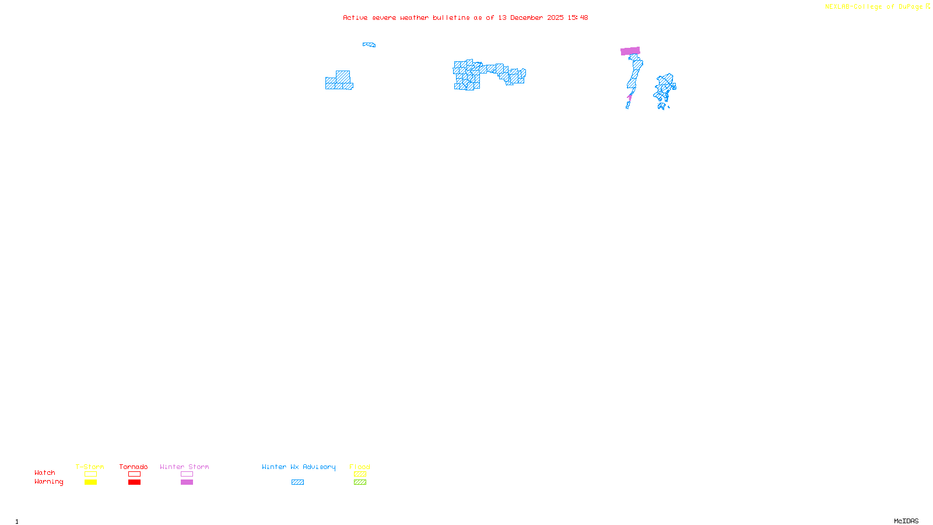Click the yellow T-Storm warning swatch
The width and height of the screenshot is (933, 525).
click(x=90, y=482)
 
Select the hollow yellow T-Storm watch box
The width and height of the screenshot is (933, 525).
click(x=90, y=474)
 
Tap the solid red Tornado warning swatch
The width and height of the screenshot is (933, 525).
click(x=134, y=482)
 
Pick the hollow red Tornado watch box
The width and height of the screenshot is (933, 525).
click(x=134, y=474)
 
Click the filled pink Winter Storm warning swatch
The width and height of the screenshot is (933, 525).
click(x=187, y=482)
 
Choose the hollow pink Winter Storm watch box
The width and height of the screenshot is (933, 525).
click(x=187, y=474)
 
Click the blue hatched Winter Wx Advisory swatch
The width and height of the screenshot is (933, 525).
click(x=297, y=482)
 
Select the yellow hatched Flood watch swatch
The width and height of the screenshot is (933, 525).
click(x=360, y=474)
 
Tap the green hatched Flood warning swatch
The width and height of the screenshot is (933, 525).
click(x=360, y=482)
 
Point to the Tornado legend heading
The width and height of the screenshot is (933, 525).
click(x=134, y=467)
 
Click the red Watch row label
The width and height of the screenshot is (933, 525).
click(x=45, y=473)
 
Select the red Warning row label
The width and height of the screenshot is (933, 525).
click(x=48, y=482)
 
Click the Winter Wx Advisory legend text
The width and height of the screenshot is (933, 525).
click(x=299, y=467)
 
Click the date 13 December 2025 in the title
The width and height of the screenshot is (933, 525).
click(x=531, y=18)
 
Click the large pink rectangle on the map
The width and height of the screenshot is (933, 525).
click(x=630, y=51)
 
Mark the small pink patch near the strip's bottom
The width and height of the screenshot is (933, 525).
click(x=630, y=97)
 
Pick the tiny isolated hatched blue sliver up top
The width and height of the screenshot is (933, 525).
click(x=369, y=44)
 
